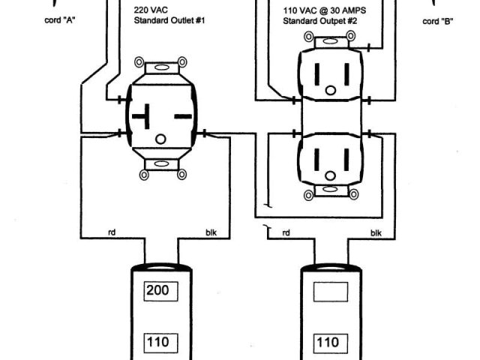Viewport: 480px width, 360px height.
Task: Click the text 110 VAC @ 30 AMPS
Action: point(328,11)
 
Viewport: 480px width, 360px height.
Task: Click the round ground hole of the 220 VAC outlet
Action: point(160,139)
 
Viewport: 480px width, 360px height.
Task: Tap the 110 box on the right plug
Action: point(327,343)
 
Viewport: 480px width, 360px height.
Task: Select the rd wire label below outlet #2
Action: point(286,233)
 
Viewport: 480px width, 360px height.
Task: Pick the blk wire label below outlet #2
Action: point(376,233)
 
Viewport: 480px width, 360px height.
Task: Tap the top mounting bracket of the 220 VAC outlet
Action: point(160,65)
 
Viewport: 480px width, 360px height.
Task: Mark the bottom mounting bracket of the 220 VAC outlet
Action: point(160,169)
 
